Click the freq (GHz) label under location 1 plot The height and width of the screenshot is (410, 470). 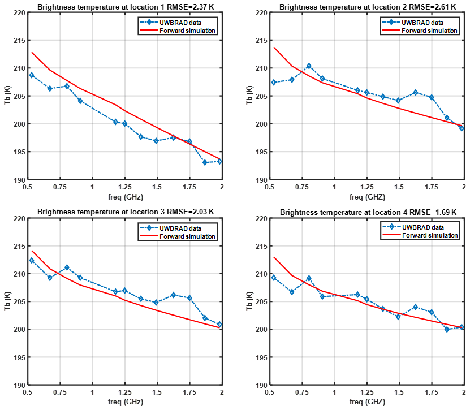124,198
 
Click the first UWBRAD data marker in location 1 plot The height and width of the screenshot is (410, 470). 32,75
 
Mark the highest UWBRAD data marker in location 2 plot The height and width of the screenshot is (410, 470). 309,66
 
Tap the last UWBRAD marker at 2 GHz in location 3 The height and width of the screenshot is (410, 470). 219,325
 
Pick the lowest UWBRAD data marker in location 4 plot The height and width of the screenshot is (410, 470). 447,329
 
